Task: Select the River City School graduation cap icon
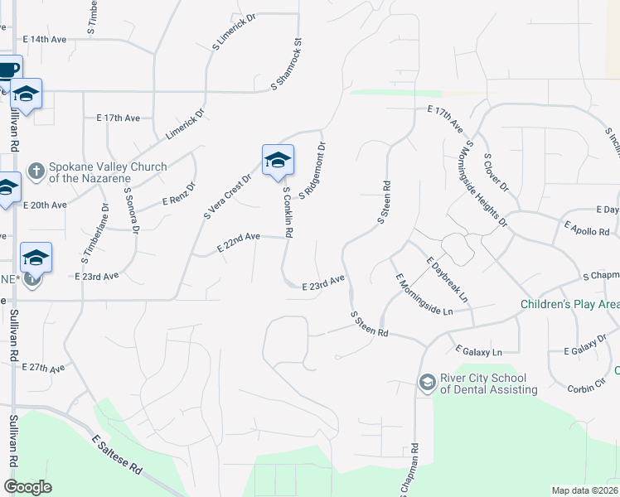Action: point(427,382)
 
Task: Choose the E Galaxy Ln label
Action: point(478,351)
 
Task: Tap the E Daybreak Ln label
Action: point(447,279)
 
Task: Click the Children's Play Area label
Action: point(569,305)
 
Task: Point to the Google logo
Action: point(28,487)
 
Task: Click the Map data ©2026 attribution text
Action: point(584,490)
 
